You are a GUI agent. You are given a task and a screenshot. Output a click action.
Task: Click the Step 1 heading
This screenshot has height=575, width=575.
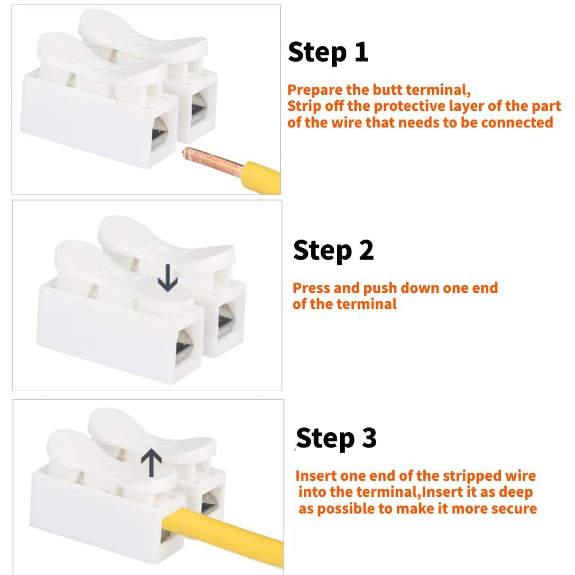[x=327, y=52]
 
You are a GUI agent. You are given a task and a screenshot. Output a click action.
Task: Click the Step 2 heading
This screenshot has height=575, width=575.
[x=333, y=251]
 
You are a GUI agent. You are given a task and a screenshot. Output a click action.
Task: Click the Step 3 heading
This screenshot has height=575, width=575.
[x=336, y=438]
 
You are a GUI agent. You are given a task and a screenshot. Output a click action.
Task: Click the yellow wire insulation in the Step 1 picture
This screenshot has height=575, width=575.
[x=262, y=173]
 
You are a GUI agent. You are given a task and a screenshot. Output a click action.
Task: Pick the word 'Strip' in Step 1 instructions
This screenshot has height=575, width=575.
[x=304, y=106]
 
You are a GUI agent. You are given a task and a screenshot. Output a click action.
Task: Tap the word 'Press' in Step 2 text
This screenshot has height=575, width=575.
[x=310, y=288]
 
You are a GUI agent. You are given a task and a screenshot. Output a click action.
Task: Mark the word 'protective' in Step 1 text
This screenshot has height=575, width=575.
[x=395, y=106]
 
